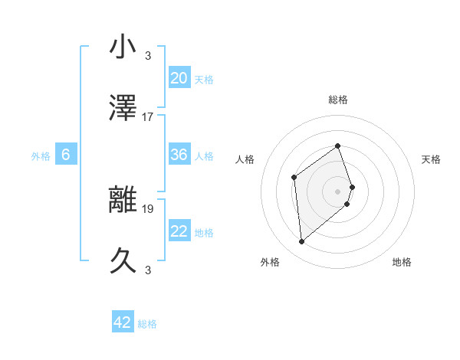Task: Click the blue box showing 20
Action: coord(179,78)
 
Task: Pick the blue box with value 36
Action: coord(179,155)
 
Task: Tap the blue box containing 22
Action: coord(179,231)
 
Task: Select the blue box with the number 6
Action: coord(66,155)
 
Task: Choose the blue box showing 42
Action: coord(123,322)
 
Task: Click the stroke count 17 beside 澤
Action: coord(148,117)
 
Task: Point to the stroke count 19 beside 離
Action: coord(148,208)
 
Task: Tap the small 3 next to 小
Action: coord(148,55)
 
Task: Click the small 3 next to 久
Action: coord(148,270)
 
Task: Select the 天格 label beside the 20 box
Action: coord(204,80)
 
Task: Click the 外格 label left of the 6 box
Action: coord(41,156)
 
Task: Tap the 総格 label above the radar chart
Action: coord(338,100)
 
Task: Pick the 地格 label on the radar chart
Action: coord(402,262)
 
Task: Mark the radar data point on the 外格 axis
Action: coord(301,242)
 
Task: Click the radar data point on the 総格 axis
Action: coord(337,146)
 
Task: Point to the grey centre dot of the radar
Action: coord(337,191)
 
